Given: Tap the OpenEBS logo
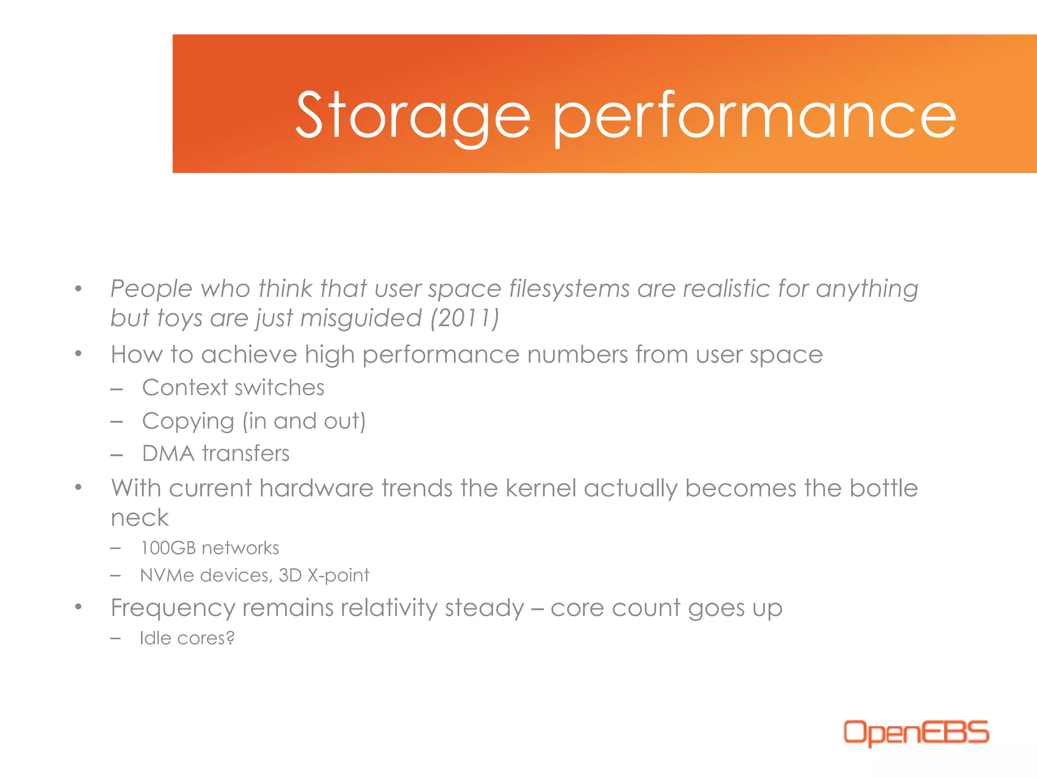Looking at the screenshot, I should (915, 732).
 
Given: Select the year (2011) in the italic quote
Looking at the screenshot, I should (465, 318).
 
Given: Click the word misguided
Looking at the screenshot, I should (361, 318).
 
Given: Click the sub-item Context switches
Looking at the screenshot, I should (233, 387).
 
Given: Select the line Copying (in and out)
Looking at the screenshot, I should (253, 421).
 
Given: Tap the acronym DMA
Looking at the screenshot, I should (168, 453).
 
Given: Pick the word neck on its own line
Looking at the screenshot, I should (139, 518).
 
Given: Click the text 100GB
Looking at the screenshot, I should (168, 548).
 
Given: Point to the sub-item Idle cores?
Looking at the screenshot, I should (187, 638).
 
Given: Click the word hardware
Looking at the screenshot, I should (316, 488).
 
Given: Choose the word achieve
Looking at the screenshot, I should (249, 354).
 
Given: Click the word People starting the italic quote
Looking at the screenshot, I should (151, 289).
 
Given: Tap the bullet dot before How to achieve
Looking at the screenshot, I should (78, 354).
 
